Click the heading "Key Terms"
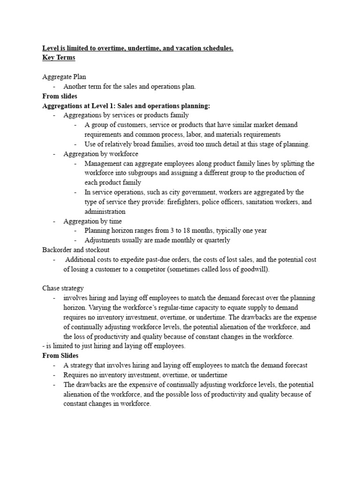point(59,58)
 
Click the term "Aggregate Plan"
point(64,77)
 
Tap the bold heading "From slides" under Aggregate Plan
point(60,96)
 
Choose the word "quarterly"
point(217,240)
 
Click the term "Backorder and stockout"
point(75,250)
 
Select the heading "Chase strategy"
point(63,288)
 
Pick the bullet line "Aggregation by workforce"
point(101,154)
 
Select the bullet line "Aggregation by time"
point(92,221)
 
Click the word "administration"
point(105,211)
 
